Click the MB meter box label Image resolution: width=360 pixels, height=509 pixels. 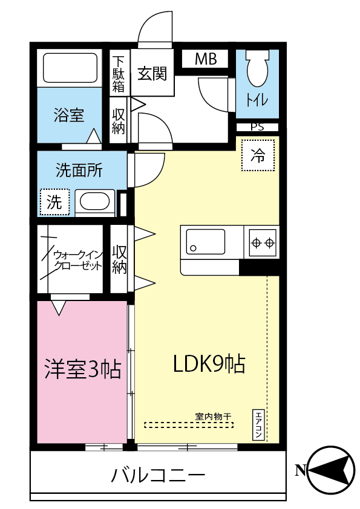206,59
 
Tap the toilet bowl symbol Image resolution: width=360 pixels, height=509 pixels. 257,69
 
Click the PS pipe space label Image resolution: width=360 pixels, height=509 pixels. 257,127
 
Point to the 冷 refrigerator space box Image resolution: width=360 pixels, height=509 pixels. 258,155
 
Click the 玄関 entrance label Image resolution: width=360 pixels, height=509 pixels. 152,74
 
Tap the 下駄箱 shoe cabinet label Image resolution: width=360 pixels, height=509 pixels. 118,74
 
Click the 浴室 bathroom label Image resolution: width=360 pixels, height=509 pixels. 68,115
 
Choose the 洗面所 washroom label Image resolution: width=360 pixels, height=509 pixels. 79,170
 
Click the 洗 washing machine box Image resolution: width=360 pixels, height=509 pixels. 55,203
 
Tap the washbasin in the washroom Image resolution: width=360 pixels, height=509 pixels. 96,202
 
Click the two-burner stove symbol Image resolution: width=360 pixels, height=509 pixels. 262,242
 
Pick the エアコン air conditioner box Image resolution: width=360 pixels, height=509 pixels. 258,425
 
